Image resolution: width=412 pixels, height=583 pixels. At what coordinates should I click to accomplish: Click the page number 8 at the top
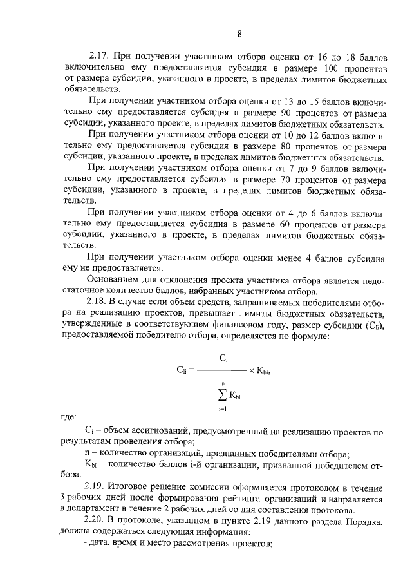[x=239, y=34]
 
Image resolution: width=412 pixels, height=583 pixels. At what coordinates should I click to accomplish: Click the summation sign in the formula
[x=221, y=394]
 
